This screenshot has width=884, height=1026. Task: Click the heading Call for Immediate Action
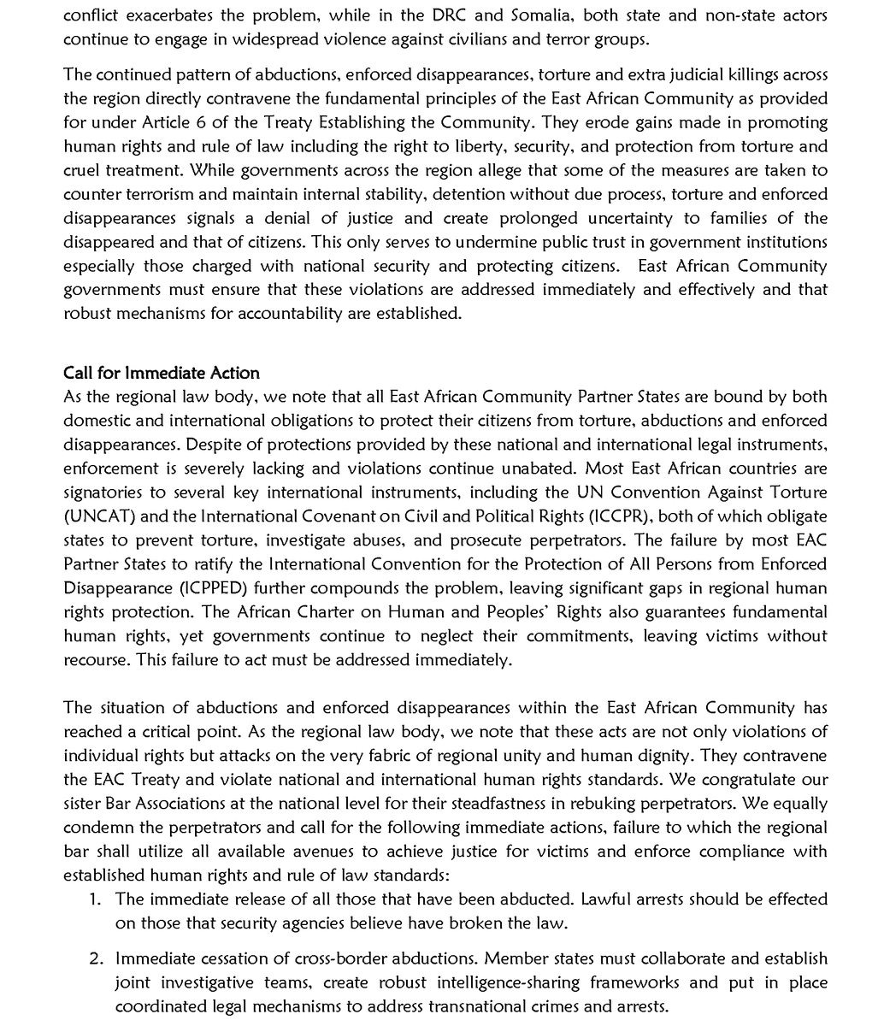click(x=161, y=373)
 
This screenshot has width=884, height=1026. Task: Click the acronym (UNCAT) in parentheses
click(x=97, y=516)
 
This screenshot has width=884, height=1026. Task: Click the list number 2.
click(x=96, y=959)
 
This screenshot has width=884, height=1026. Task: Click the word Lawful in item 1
click(x=605, y=899)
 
